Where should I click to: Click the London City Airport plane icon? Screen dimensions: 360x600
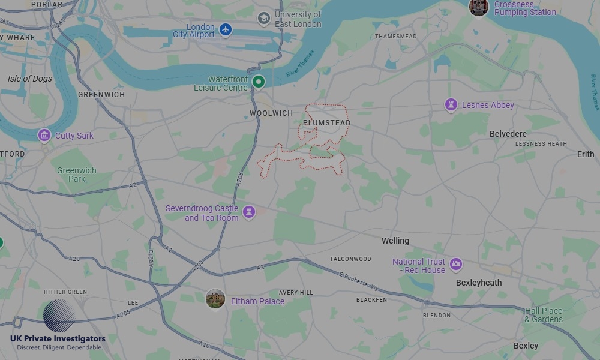tap(225, 29)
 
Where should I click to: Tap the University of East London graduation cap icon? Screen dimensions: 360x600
tap(263, 19)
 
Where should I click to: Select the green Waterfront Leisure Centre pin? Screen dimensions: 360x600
tap(258, 82)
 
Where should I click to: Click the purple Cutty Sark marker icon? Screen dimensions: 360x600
tap(44, 135)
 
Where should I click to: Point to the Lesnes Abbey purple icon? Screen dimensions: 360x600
tap(451, 105)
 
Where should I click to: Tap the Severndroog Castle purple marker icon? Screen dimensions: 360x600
tap(248, 212)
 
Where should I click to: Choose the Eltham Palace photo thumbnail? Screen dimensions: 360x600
tap(215, 299)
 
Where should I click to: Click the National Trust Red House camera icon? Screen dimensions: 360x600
tap(456, 264)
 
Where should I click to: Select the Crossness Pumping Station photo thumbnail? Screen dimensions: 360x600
tap(478, 7)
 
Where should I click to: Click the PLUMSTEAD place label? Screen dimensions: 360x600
tap(326, 123)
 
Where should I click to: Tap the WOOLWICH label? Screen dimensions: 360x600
tap(271, 113)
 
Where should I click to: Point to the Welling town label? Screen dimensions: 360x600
tap(395, 241)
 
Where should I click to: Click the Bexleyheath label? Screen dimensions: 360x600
tap(479, 283)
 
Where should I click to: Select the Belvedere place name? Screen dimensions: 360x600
tap(508, 134)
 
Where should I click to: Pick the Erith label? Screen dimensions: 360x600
tap(586, 154)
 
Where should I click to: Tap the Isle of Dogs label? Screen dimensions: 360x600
tap(30, 79)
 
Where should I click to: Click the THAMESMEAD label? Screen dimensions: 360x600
tap(396, 37)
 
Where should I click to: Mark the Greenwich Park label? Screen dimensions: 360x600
tap(76, 175)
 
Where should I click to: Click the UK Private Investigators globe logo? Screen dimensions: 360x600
tap(59, 316)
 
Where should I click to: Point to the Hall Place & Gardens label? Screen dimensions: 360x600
tap(544, 315)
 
